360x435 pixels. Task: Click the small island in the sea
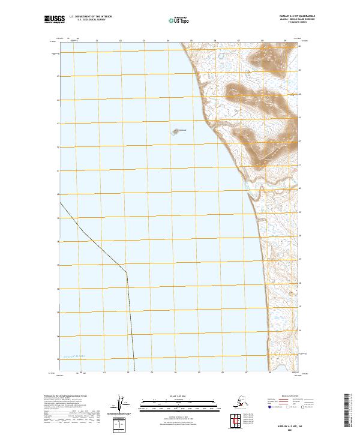pyautogui.click(x=178, y=131)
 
